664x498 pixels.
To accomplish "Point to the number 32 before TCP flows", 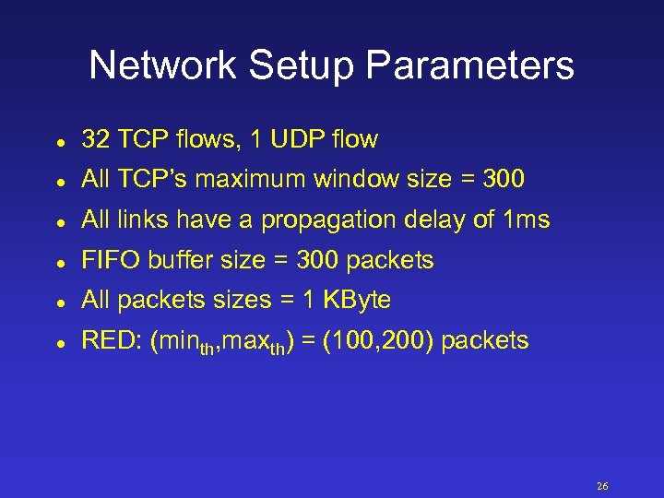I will pos(95,139).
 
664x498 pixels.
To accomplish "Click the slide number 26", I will pos(603,486).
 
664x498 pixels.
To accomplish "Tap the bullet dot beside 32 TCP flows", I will pos(58,142).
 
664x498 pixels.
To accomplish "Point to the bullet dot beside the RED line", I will pos(58,342).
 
